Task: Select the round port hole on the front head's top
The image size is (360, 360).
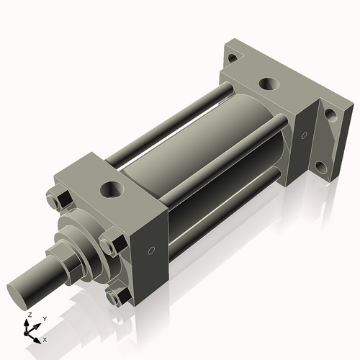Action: pyautogui.click(x=112, y=190)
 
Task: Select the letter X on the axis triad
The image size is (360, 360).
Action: pyautogui.click(x=45, y=338)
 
